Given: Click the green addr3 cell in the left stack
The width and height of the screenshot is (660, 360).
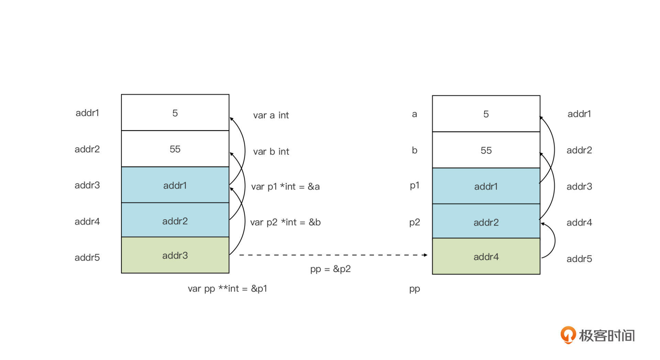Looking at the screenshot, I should coord(175,255).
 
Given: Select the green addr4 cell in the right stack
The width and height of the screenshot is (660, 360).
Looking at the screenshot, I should coord(486,257).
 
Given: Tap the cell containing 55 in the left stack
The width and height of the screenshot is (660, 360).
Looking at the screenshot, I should coord(175,149).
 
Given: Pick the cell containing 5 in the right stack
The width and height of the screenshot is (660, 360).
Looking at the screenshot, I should coord(486,114).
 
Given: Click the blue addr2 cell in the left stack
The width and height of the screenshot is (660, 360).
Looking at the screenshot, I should coord(175,221).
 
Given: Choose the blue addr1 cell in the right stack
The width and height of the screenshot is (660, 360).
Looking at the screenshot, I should coord(486,186).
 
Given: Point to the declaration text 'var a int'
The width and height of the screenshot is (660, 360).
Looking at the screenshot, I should coord(271,115).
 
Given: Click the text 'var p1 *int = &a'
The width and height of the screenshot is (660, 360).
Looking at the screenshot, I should coord(285,186).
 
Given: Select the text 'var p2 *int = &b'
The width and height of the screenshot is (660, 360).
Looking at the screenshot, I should coord(285,222).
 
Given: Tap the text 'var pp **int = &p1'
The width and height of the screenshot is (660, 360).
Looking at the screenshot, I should coord(227,288).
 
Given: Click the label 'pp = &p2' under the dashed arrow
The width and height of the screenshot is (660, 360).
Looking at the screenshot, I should coord(330,269).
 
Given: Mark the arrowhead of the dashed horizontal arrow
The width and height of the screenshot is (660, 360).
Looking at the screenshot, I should coord(425,255).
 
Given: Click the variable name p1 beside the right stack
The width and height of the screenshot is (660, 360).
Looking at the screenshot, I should coord(415,186).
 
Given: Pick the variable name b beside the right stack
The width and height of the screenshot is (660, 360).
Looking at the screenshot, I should coord(415,150).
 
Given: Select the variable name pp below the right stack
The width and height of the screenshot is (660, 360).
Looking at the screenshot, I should coord(415,289).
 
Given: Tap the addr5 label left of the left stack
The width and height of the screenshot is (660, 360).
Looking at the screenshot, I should coord(87,257).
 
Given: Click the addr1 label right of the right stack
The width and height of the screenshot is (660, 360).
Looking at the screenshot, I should coord(579,114).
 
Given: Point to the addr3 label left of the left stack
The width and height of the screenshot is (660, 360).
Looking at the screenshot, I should coord(87,185).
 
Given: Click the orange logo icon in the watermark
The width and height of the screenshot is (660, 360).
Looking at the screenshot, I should coord(568,335).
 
